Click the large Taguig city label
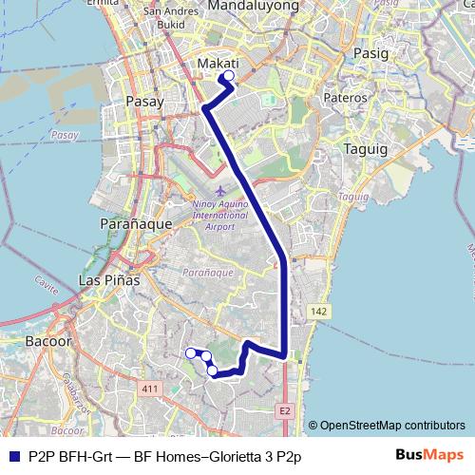coord(360,149)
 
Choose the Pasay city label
coord(144,99)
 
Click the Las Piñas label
coord(108,281)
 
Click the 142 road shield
coord(320,311)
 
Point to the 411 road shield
coord(148,389)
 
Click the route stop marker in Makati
coord(228,77)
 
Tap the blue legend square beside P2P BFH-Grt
coord(12,456)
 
